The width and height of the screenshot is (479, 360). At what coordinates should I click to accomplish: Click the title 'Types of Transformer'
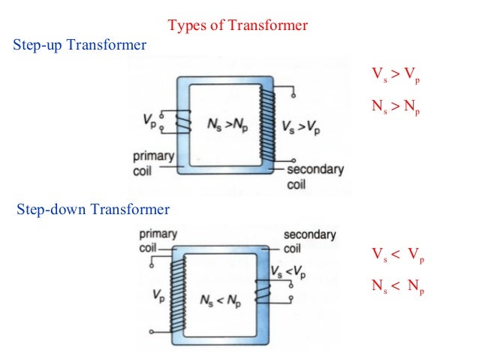tap(237, 26)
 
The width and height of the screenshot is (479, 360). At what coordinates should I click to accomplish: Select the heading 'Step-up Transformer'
tap(80, 45)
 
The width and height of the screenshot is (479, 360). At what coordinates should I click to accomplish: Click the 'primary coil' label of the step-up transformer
tap(153, 162)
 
